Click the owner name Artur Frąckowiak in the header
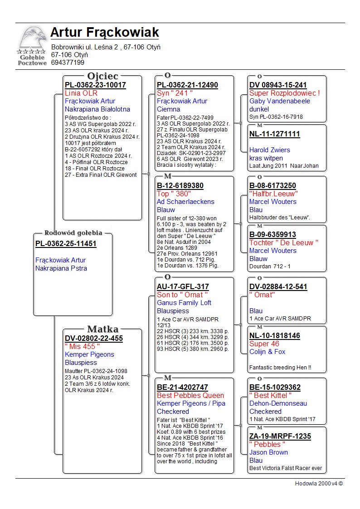(x=105, y=33)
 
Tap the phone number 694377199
(x=68, y=63)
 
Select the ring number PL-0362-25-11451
(x=66, y=244)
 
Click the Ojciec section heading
(x=102, y=76)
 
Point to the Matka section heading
(x=102, y=330)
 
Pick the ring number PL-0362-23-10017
(x=95, y=85)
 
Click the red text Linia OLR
(x=81, y=93)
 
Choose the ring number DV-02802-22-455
(x=94, y=339)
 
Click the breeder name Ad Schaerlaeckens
(x=185, y=202)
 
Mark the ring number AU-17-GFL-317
(x=183, y=287)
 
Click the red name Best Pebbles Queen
(x=190, y=396)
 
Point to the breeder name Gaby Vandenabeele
(x=280, y=101)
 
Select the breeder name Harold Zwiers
(x=270, y=150)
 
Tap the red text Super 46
(x=264, y=344)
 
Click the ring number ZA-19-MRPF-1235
(x=280, y=436)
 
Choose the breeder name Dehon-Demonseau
(x=278, y=403)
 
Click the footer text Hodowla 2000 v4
(x=319, y=484)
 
